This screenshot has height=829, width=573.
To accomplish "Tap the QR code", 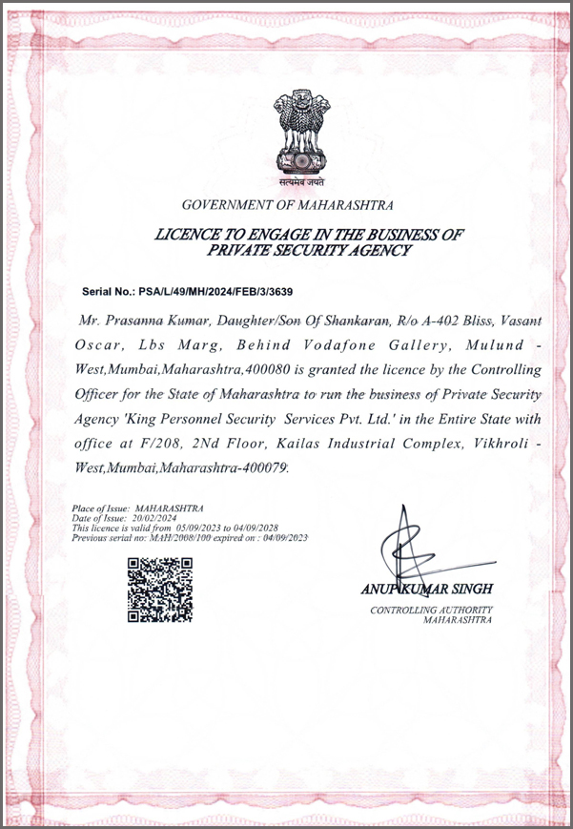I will click(x=160, y=591).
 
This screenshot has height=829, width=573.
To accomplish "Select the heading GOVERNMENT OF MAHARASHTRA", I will click(x=287, y=205).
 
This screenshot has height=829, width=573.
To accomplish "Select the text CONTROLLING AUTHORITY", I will click(x=431, y=610).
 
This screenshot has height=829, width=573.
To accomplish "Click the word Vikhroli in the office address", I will click(x=493, y=443).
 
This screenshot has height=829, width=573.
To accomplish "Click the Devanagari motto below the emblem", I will click(x=300, y=180).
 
